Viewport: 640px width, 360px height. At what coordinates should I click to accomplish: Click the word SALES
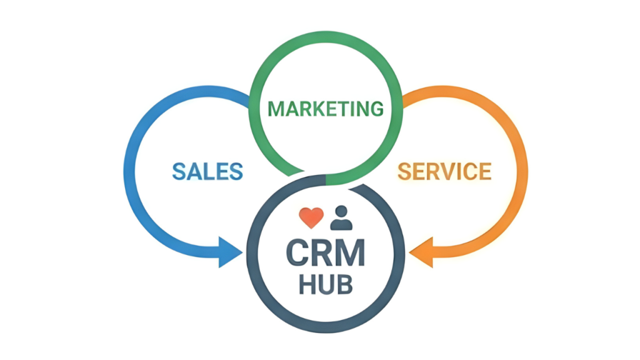tap(207, 170)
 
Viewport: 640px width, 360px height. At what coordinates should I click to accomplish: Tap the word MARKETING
tap(326, 109)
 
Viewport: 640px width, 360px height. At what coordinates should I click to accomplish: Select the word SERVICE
tap(444, 170)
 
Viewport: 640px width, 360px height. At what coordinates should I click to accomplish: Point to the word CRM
tap(325, 253)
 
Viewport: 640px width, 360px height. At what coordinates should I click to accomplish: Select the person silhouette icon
tap(341, 217)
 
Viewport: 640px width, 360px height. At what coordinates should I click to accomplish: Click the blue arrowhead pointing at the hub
tap(230, 254)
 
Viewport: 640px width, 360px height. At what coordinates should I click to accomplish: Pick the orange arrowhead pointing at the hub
tap(420, 254)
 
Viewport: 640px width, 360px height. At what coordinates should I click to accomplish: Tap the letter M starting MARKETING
tap(276, 109)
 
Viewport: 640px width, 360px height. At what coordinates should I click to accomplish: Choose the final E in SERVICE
tap(484, 170)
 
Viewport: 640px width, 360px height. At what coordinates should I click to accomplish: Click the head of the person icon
tap(341, 211)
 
